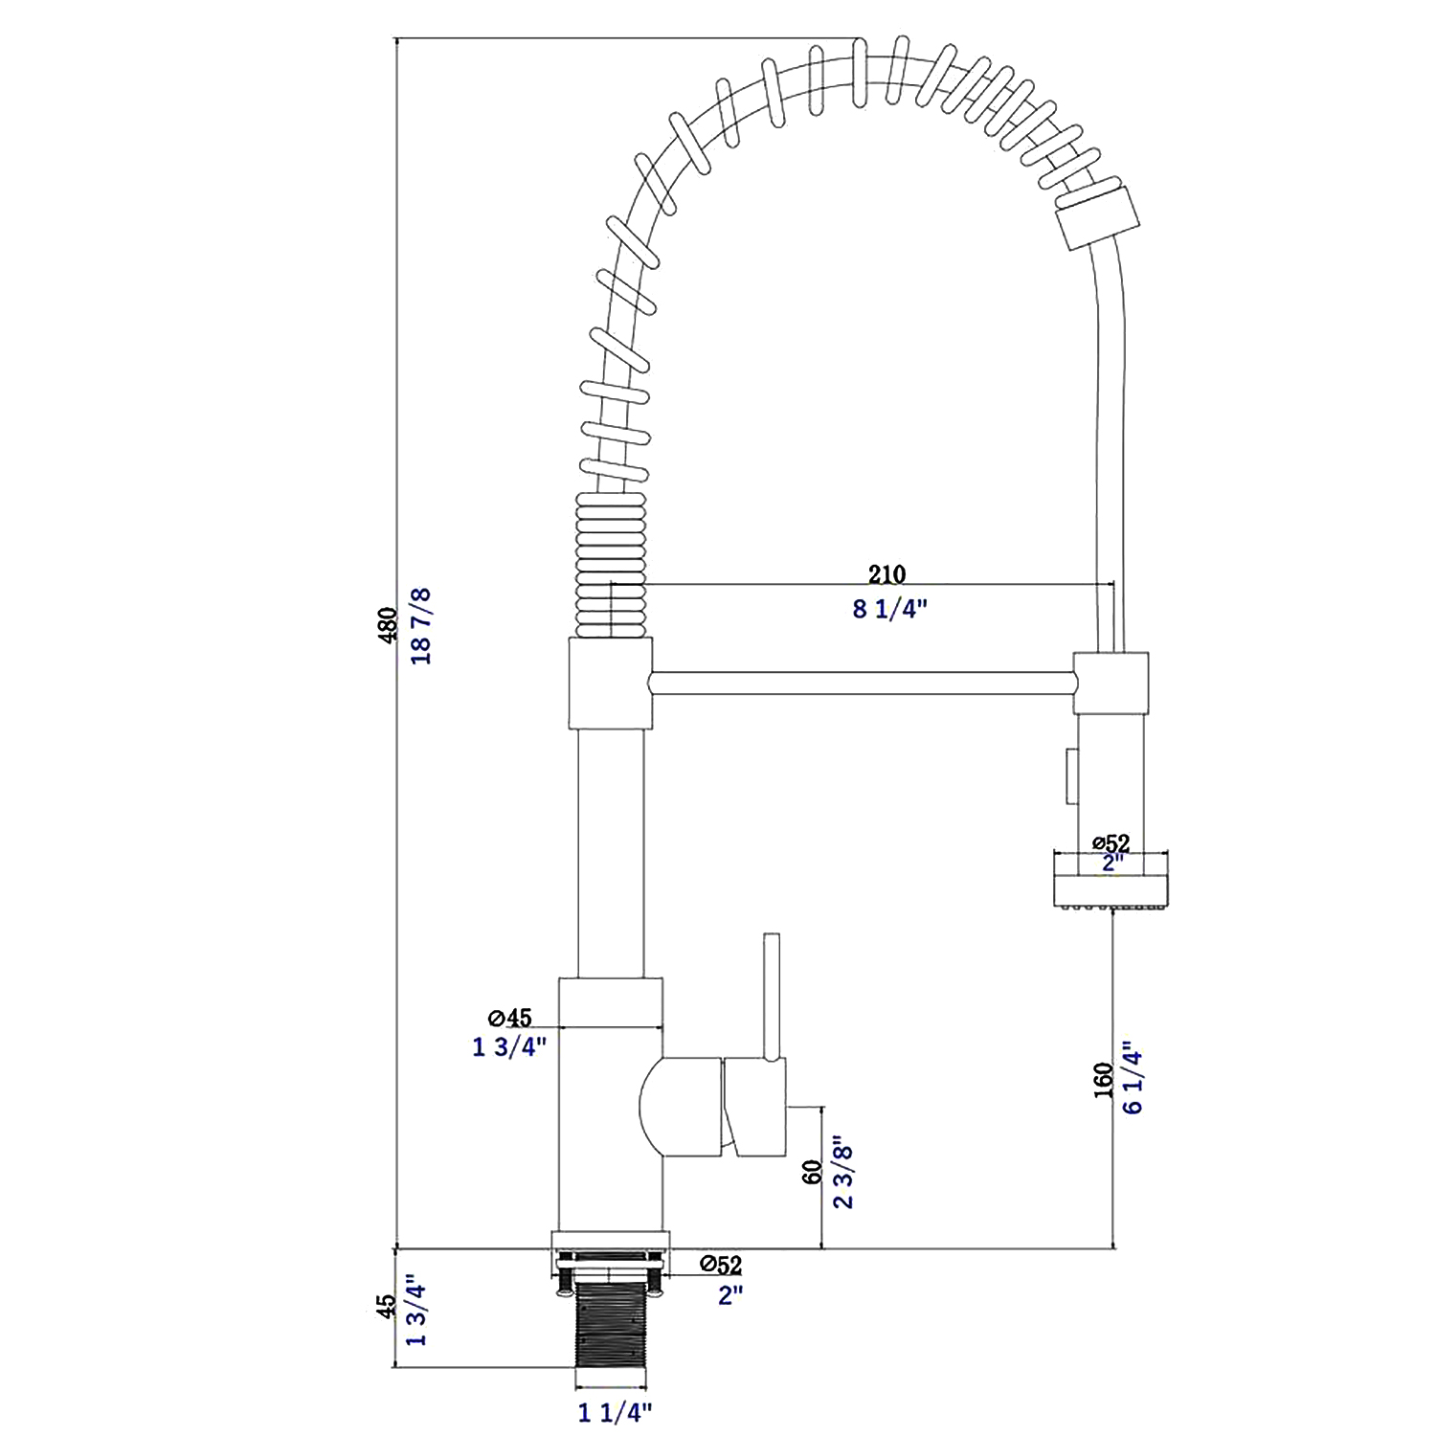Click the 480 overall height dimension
[388, 624]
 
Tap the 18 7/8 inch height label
[420, 626]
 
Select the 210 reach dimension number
[886, 574]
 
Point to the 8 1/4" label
[890, 609]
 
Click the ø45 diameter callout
[509, 1017]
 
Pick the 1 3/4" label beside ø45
[509, 1046]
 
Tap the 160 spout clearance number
[1104, 1080]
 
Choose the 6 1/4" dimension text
[1133, 1078]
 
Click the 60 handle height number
[813, 1172]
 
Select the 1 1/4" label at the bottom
[615, 1412]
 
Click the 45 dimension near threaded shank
[386, 1308]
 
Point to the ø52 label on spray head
[1111, 843]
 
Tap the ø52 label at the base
[721, 1265]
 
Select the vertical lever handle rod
[772, 997]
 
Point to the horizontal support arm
[862, 683]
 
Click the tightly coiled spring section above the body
[611, 565]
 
